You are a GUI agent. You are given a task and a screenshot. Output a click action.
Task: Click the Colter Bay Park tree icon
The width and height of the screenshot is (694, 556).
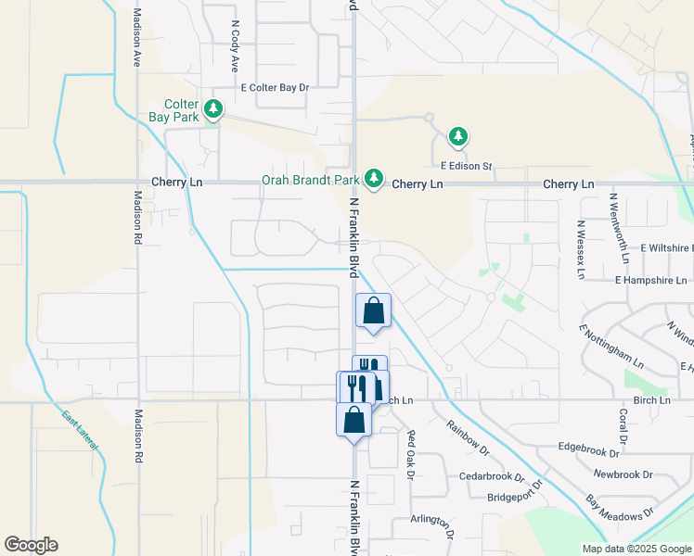tap(214, 110)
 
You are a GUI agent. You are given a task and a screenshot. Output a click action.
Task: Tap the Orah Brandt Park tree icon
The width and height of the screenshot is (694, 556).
tap(373, 177)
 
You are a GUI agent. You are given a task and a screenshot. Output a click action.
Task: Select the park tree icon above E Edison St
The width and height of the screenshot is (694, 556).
tap(457, 138)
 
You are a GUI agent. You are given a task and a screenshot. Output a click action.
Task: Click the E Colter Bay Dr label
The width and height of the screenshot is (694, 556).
tap(274, 88)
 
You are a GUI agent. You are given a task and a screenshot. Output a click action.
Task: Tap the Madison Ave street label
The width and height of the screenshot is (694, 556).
tap(136, 38)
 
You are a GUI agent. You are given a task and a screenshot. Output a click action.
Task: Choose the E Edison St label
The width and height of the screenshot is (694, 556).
tap(466, 166)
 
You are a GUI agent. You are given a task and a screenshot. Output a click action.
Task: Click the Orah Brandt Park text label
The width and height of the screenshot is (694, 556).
tap(310, 179)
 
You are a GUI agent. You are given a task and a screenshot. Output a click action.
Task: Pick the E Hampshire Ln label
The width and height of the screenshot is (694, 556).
tap(651, 279)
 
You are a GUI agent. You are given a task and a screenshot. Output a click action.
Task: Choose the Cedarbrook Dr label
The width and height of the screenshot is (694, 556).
tap(492, 476)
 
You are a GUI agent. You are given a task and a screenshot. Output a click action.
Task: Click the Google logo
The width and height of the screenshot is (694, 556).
tap(31, 545)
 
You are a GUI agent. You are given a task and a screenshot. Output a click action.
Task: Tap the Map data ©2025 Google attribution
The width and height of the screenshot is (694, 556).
tap(636, 549)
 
